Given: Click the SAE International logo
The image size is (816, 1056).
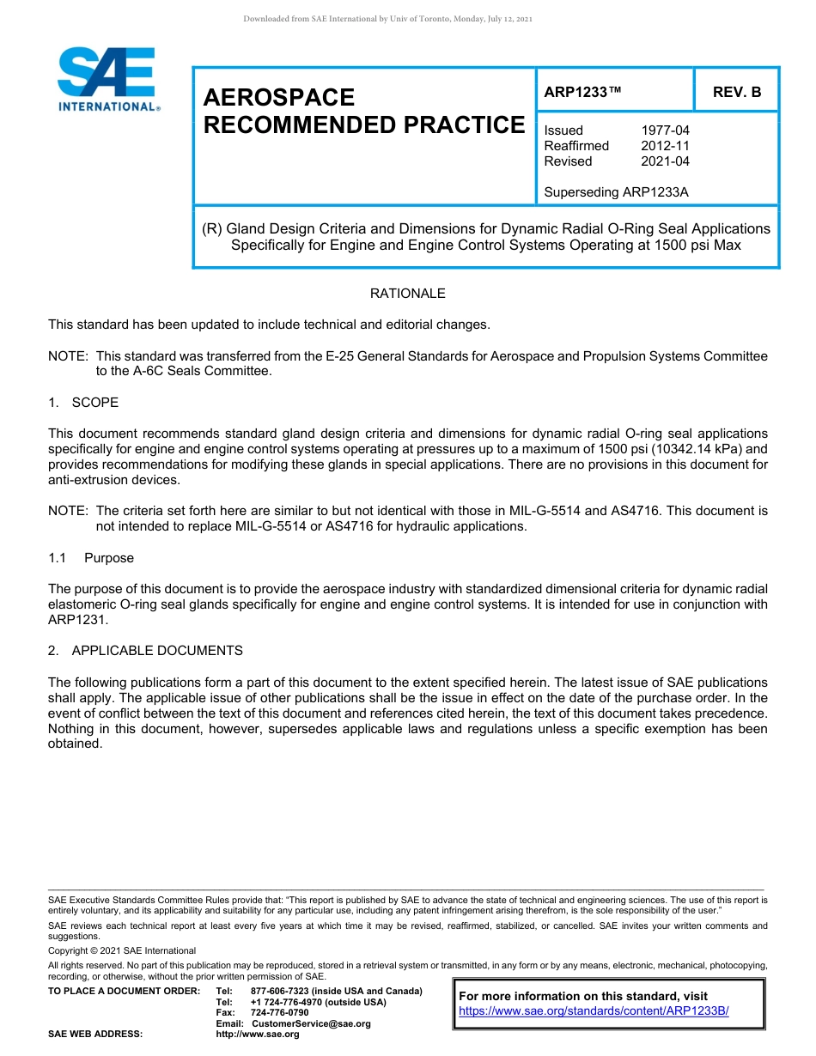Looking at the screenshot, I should pos(107,80).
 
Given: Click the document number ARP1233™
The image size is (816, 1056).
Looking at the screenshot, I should pos(582,92).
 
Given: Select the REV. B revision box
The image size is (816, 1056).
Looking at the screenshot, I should pos(736,92).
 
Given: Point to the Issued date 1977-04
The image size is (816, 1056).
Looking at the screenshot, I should pos(665,130).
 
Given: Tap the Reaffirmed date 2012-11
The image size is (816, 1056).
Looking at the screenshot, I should pos(665,146).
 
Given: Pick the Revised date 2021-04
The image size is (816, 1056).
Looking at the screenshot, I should pos(665,161).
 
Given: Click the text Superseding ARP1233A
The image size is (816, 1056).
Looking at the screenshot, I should pos(616,192).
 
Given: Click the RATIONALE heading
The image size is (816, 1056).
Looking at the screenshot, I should pos(407,294).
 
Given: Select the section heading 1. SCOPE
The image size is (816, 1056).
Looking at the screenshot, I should pos(83,403).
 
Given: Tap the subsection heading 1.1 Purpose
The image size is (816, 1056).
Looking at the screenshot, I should pos(91,558).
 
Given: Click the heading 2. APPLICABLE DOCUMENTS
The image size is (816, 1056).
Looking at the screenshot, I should pos(145,651).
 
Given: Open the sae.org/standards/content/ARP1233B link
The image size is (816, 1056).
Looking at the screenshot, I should pos(594,1011).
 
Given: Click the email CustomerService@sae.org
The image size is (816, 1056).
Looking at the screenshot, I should pos(310,1023).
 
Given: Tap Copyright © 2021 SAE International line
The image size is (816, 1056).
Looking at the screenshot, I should pos(122,950).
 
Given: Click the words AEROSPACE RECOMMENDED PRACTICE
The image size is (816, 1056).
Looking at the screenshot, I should pos(363,111).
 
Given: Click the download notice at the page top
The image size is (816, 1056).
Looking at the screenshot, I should pos(387,19).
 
